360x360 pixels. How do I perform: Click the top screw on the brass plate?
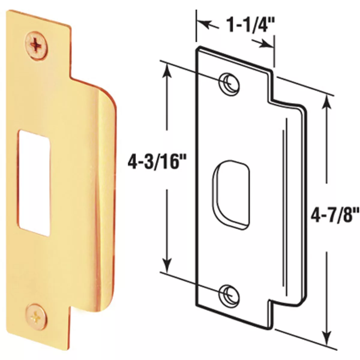[x=36, y=46]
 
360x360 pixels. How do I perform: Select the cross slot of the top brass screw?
[x=36, y=46]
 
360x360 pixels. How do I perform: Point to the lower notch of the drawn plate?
[x=271, y=301]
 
